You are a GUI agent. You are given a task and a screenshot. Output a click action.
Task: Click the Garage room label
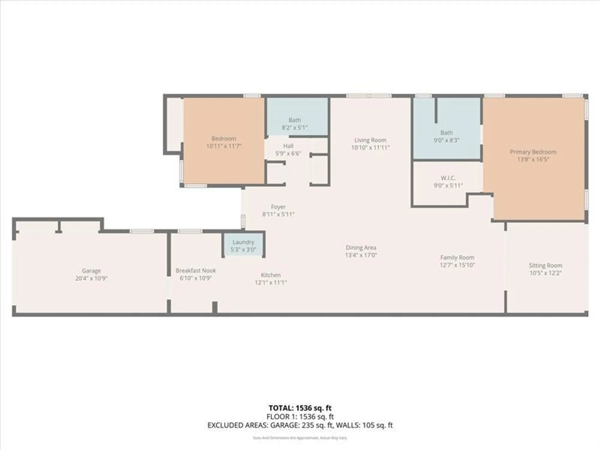91,271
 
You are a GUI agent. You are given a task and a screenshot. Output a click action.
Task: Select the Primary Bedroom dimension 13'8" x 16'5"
533,160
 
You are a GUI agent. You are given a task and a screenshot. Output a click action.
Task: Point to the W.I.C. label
448,178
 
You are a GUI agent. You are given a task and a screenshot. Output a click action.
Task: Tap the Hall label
288,146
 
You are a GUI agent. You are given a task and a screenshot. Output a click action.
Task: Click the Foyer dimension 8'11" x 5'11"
278,214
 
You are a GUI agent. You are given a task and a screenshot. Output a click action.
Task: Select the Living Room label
370,140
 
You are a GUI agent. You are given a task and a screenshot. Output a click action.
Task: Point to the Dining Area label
361,247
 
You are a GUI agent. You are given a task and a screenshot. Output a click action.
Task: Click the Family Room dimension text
457,265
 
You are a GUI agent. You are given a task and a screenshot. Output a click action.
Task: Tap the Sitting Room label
545,265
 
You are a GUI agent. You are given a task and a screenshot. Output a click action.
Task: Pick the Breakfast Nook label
196,271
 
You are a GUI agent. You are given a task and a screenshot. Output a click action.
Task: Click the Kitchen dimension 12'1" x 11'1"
271,283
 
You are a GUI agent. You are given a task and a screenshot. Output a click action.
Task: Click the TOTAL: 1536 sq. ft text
300,408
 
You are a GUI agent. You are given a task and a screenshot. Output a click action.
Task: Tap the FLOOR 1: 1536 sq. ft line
300,417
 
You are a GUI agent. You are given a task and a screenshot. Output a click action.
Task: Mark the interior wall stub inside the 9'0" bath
436,110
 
